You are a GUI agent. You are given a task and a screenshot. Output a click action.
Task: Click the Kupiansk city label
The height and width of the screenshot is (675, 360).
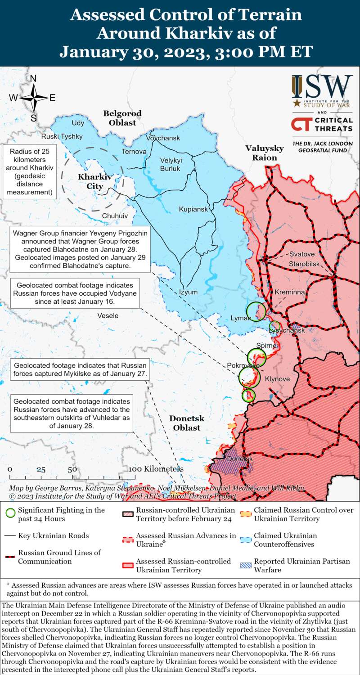[x=193, y=210]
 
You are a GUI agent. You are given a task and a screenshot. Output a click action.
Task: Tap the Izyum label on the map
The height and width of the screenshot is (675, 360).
[x=188, y=292]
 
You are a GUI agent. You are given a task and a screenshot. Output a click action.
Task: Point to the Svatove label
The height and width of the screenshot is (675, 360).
[x=302, y=254]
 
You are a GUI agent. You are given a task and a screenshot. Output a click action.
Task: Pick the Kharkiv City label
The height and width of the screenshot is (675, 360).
[x=90, y=181]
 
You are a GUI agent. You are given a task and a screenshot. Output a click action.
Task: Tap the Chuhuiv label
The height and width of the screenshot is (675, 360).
[x=115, y=216]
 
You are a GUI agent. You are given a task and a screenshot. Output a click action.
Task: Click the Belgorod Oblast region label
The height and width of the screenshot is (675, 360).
[x=122, y=118]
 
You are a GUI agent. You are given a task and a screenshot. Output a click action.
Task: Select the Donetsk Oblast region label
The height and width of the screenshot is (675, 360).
[x=187, y=423]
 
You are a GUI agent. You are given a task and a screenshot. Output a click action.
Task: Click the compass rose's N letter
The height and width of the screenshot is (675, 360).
[x=33, y=79]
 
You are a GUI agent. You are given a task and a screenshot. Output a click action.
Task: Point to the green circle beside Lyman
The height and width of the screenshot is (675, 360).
[x=256, y=311]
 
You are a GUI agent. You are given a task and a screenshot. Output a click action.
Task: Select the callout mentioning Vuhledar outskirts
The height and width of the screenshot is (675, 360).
[x=72, y=414]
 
